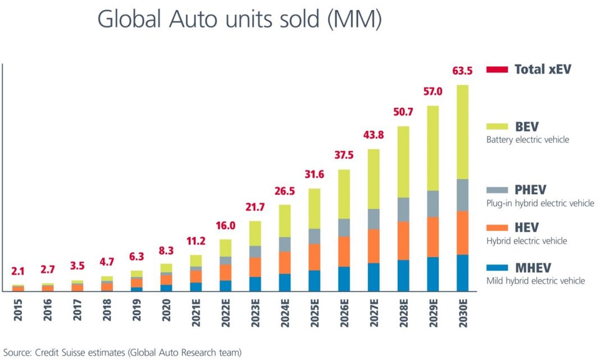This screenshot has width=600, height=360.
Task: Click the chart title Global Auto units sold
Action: pos(239,20)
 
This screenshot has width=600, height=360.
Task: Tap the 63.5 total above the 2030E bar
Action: pos(462,71)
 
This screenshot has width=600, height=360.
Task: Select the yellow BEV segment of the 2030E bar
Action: pos(462,132)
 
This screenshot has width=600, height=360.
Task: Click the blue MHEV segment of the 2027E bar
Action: pos(374,277)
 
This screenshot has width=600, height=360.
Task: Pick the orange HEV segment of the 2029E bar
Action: pos(433,236)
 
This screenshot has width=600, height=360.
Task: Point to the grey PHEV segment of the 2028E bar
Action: pos(403,209)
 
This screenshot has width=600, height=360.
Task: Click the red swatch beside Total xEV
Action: pos(497,70)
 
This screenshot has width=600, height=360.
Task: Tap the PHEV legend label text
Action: pos(530,190)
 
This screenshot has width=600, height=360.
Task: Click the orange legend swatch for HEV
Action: pos(497,227)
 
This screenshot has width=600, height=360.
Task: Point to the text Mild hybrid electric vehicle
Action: pos(535,280)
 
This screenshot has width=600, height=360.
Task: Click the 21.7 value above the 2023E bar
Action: pos(255,207)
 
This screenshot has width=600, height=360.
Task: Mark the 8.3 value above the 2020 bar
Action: pos(166,250)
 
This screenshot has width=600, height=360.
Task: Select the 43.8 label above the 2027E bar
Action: pos(374,135)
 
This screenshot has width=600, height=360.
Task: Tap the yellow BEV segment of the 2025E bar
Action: pos(315,208)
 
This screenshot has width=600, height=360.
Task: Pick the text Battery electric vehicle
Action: pos(528,139)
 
